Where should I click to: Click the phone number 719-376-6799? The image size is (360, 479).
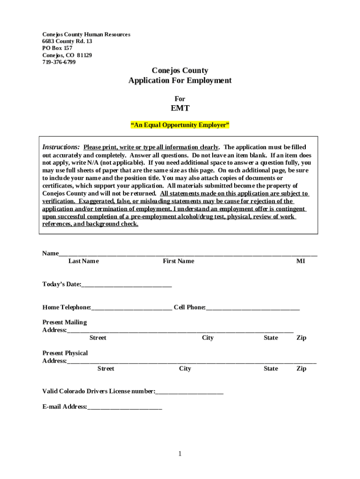(59, 62)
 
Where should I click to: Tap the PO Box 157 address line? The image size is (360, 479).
(58, 48)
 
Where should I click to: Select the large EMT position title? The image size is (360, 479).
(180, 109)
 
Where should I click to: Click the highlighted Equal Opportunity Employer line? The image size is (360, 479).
(180, 125)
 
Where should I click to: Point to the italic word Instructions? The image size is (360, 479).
(61, 146)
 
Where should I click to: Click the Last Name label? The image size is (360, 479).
(83, 261)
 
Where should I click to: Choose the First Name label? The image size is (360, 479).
(178, 261)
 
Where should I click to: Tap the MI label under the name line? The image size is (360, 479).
(301, 261)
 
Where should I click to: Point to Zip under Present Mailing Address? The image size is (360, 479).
(302, 338)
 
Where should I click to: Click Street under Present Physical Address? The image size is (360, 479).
(106, 369)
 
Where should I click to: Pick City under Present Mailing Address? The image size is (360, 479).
(208, 338)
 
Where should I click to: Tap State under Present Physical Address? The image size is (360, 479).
(271, 369)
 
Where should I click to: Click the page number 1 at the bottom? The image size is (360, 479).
(180, 454)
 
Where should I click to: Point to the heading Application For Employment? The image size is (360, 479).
(180, 80)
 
